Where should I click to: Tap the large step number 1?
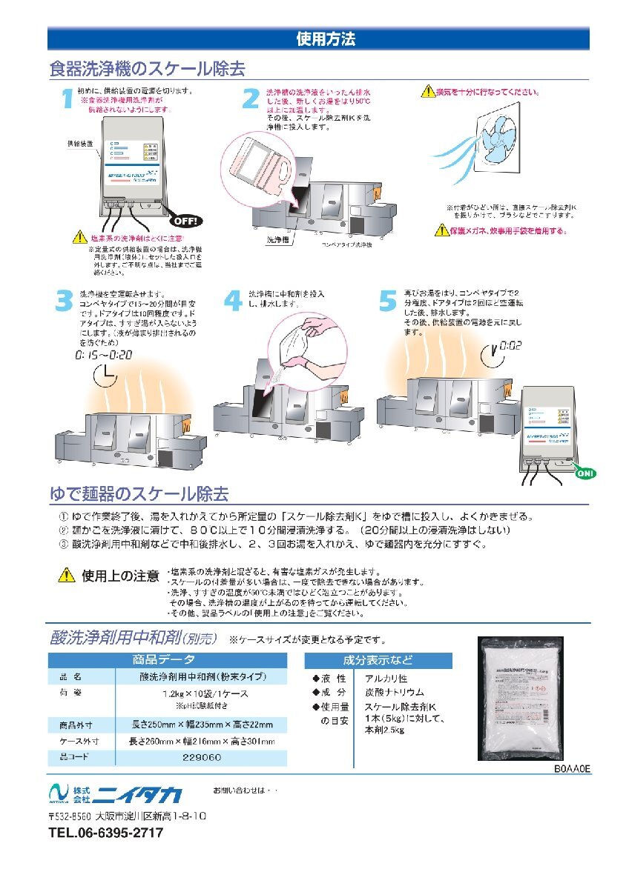point(66,99)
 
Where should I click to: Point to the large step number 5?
point(388,301)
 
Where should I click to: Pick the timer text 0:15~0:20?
point(103,356)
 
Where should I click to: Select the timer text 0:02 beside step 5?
point(513,346)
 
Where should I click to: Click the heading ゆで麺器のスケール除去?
point(138,493)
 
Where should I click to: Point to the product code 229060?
point(202,758)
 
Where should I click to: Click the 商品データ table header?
point(167,660)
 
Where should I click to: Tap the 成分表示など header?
point(378,660)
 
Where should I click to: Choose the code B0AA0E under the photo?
point(571,770)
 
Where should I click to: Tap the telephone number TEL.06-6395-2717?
point(105,833)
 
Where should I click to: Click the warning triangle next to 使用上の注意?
point(67,575)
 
